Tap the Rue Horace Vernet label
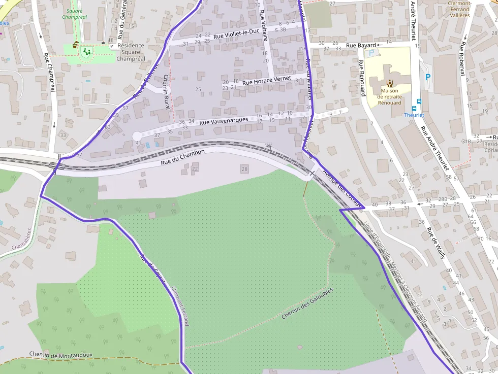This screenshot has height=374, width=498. point(267,80)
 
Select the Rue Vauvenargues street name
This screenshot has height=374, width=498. point(224,121)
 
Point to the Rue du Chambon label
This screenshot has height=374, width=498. point(182,157)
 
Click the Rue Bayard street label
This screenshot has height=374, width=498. point(361,46)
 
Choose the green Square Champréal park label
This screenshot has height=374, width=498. point(75,14)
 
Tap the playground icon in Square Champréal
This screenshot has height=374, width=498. point(87,51)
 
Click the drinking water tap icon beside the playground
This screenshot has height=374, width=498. point(76,45)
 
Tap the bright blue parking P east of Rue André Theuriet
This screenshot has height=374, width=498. point(427,77)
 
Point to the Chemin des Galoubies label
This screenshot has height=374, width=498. point(307,303)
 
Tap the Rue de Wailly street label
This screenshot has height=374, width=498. point(436,243)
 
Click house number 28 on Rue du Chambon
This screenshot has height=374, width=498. point(245,169)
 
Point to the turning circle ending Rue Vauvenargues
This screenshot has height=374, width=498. point(137,136)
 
